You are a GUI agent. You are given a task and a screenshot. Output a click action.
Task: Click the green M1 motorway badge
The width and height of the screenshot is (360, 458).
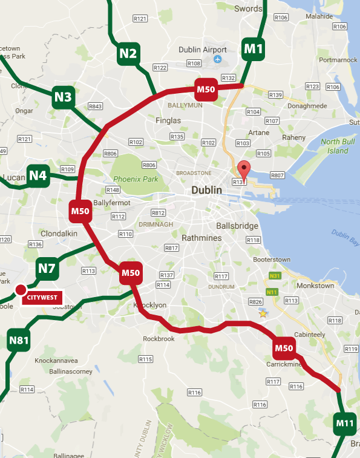tap(253, 48)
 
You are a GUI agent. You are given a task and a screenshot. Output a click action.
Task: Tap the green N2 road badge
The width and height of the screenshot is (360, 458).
tap(128, 54)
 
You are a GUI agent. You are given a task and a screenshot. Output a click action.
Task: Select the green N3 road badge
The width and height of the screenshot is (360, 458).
tap(64, 96)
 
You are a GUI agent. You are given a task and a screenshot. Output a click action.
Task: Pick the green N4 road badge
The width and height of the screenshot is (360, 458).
tap(38, 176)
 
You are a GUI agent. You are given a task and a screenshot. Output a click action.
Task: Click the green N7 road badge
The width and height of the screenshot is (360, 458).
tap(47, 268)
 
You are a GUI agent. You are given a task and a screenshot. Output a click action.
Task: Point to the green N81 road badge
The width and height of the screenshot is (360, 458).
tap(19, 341)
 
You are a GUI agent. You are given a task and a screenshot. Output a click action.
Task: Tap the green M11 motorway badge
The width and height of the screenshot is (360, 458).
tap(345, 422)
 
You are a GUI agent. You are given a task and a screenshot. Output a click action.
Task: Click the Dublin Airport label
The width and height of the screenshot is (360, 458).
tap(203, 50)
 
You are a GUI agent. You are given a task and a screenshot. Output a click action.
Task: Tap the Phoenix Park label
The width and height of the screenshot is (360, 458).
tap(135, 179)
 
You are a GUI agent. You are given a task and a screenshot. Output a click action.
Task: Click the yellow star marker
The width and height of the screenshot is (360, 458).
tap(263, 313)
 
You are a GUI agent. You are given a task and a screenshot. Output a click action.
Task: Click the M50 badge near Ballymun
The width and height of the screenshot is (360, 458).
tap(206, 90)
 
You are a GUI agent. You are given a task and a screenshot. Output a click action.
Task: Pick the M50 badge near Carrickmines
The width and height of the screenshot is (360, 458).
tap(284, 347)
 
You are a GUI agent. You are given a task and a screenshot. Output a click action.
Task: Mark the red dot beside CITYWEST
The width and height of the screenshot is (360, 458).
tap(21, 289)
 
